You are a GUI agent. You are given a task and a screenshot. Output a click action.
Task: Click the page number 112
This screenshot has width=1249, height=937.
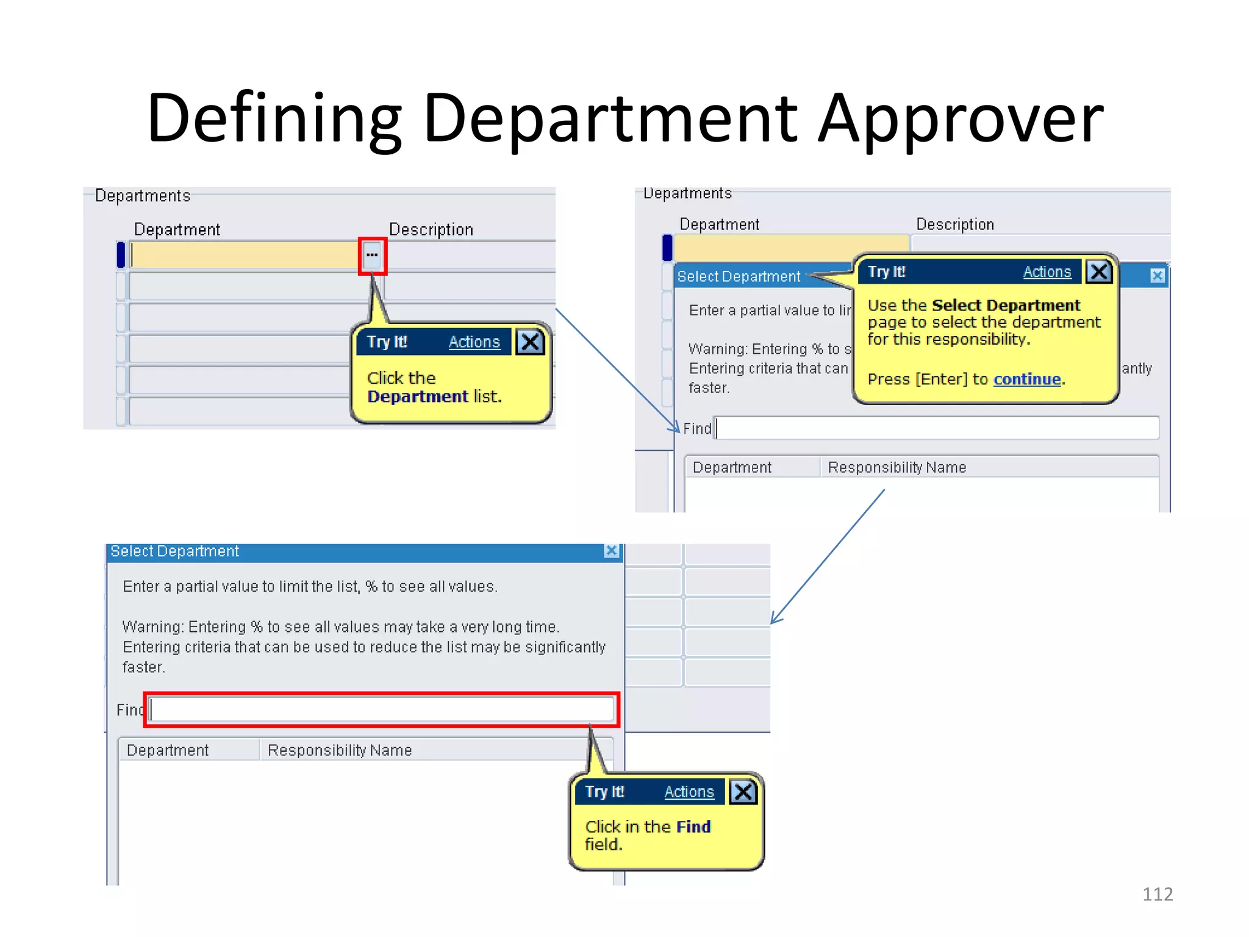[1157, 894]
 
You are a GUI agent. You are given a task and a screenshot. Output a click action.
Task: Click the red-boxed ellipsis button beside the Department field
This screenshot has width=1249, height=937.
[372, 256]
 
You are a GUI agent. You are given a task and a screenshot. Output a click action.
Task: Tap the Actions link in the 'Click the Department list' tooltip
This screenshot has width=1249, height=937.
[474, 342]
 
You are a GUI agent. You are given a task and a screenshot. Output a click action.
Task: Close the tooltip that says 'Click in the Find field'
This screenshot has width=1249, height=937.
[743, 792]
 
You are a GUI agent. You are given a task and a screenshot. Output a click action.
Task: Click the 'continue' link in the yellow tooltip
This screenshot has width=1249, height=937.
[1027, 379]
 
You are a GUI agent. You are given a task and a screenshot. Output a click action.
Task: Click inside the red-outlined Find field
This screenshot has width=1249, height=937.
[381, 709]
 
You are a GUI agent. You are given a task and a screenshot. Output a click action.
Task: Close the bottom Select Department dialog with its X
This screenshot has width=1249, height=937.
[611, 551]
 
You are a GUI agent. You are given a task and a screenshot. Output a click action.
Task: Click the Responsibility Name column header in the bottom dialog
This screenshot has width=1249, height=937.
[340, 750]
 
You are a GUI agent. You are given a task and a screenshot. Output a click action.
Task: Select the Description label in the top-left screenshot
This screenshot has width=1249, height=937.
[431, 229]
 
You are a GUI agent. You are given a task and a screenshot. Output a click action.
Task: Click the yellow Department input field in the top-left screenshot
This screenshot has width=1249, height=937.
[244, 255]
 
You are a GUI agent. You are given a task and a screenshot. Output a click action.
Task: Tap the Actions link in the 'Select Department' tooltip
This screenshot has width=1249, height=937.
[1047, 272]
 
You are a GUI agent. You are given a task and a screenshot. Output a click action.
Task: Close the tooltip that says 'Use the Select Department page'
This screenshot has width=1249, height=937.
[1099, 272]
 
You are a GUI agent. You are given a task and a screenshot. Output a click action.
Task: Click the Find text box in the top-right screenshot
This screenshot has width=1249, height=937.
[937, 428]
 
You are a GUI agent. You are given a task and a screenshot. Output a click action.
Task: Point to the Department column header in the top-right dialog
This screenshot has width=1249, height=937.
[732, 467]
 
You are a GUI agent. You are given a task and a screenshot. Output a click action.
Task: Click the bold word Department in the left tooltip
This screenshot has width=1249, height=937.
[418, 397]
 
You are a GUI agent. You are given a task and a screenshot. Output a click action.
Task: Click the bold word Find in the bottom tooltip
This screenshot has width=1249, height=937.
[693, 827]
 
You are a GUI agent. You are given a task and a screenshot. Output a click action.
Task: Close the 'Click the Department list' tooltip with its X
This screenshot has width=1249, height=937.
[530, 342]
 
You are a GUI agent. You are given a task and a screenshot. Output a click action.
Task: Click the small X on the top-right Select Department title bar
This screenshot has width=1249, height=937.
[1157, 276]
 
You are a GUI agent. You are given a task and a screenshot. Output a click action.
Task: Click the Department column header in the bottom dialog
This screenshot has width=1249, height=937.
[168, 750]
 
